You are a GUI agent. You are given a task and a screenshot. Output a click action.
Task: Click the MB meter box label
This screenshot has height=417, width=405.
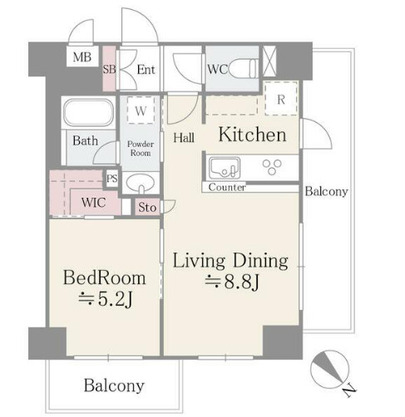[82, 57]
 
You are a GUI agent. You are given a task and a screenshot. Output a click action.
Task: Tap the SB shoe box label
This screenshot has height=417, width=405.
[109, 69]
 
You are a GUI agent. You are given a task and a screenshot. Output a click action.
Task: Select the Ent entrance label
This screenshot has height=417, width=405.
[146, 70]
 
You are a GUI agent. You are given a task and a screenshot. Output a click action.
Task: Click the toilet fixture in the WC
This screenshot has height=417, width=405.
[244, 69]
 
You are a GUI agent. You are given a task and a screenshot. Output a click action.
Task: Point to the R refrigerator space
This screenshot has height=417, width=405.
[281, 99]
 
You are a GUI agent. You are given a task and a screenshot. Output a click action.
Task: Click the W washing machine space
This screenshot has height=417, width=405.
[141, 110]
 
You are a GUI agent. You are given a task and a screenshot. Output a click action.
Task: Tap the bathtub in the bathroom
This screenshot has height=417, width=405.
[89, 112]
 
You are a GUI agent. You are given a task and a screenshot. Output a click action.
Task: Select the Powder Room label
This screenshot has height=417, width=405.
[141, 149]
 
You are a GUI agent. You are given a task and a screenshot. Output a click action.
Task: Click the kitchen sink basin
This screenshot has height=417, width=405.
[225, 168]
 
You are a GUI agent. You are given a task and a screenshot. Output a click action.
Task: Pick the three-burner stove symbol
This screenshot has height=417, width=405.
[272, 167]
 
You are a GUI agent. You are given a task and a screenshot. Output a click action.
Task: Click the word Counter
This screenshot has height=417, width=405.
[227, 188]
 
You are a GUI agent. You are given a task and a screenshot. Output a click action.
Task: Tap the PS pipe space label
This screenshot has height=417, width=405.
[112, 179]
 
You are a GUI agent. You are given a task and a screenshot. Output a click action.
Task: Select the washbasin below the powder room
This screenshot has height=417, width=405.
[141, 184]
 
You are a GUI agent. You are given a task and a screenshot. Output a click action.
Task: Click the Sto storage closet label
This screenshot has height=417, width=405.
[147, 207]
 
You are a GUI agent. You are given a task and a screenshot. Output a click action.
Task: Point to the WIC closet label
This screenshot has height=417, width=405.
[93, 203]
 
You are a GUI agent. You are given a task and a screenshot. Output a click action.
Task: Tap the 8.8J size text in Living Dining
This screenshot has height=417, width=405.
[232, 282]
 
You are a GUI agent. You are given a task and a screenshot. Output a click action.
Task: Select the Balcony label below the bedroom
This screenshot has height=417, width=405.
[114, 385]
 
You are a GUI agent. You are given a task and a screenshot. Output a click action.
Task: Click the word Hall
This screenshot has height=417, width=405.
[184, 138]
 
